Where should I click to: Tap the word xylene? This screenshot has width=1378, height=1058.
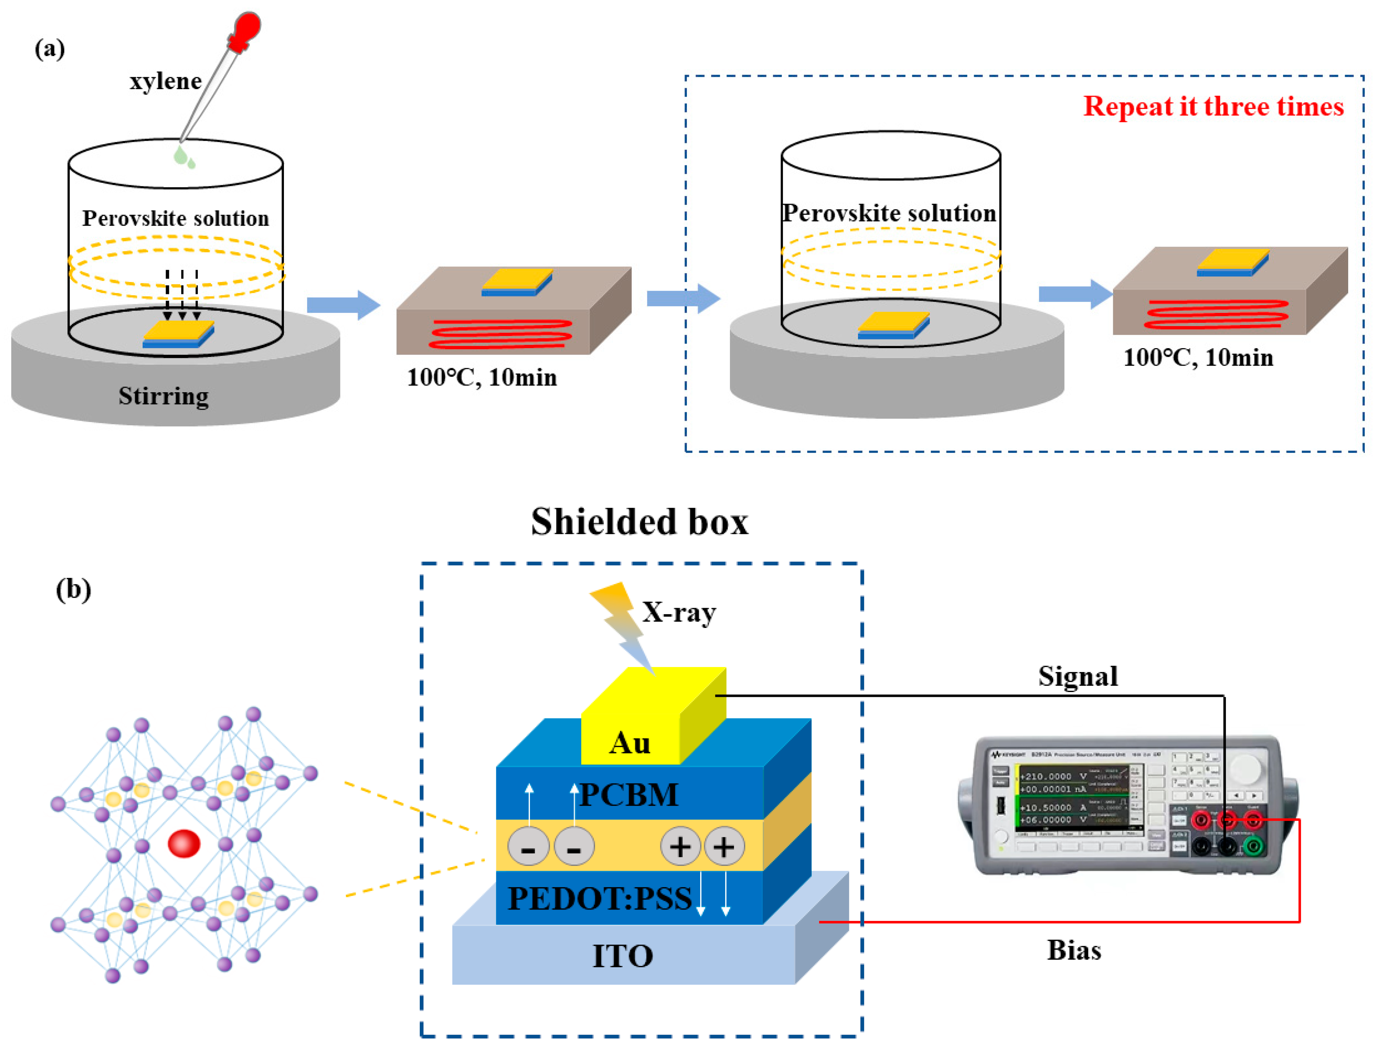[166, 81]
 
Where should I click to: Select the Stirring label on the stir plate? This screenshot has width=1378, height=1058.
[164, 396]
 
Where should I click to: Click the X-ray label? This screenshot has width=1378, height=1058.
[679, 612]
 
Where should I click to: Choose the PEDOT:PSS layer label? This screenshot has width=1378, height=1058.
[600, 898]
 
